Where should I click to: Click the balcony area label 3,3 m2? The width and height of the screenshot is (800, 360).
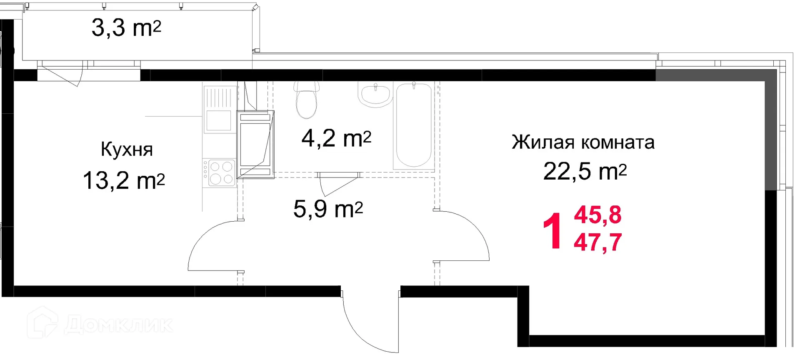pos(126,28)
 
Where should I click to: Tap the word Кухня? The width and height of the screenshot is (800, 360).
pos(127,150)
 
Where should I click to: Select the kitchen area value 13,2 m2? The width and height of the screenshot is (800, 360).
pos(124,181)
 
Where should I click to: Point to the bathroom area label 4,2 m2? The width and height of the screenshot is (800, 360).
pos(336,138)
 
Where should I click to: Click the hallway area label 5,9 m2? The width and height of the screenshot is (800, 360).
pos(328,209)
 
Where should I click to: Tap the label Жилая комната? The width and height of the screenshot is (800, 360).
pos(583,142)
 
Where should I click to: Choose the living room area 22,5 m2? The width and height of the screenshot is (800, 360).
pos(585,171)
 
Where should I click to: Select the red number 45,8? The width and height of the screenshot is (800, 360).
pos(597,215)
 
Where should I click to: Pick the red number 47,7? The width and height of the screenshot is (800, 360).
pos(597,242)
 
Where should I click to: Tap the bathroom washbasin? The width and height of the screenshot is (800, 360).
pos(375,94)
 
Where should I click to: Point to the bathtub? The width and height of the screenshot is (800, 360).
pos(414,125)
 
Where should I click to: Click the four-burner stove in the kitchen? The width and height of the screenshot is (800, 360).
pos(220,172)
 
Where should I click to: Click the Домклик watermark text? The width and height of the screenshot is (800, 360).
pos(119,325)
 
